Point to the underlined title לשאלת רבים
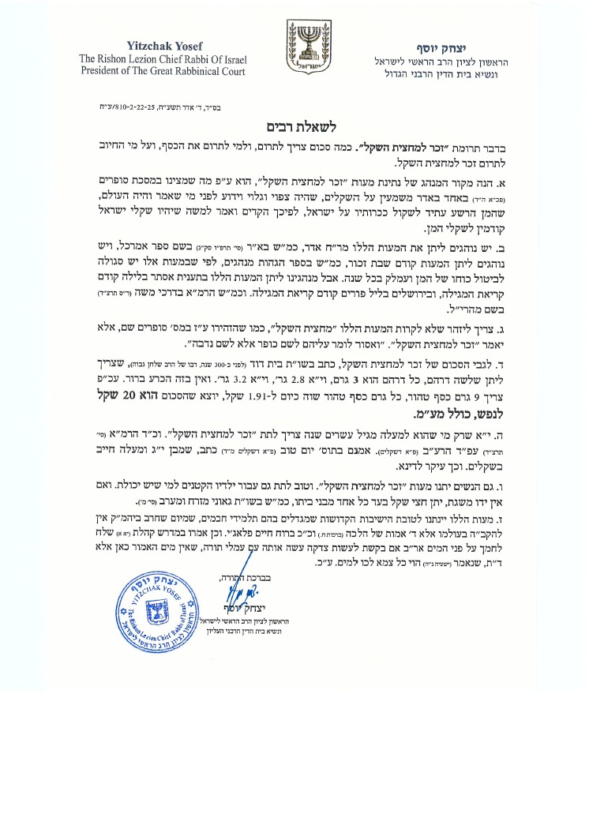click(294, 127)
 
